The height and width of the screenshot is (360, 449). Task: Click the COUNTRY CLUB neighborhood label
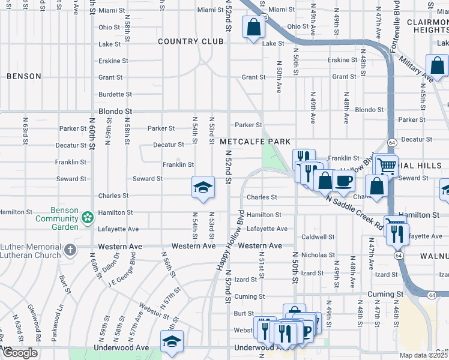(x=190, y=41)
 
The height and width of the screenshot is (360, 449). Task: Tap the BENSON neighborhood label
(x=24, y=76)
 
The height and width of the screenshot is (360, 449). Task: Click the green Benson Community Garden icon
(x=88, y=216)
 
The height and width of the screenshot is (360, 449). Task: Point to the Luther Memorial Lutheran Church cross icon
(x=70, y=250)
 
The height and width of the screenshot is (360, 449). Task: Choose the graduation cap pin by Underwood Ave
(x=172, y=341)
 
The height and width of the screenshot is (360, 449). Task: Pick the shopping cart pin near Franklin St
(x=385, y=164)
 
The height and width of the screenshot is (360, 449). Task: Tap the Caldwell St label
(x=318, y=237)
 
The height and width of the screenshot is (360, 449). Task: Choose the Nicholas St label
(x=318, y=255)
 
